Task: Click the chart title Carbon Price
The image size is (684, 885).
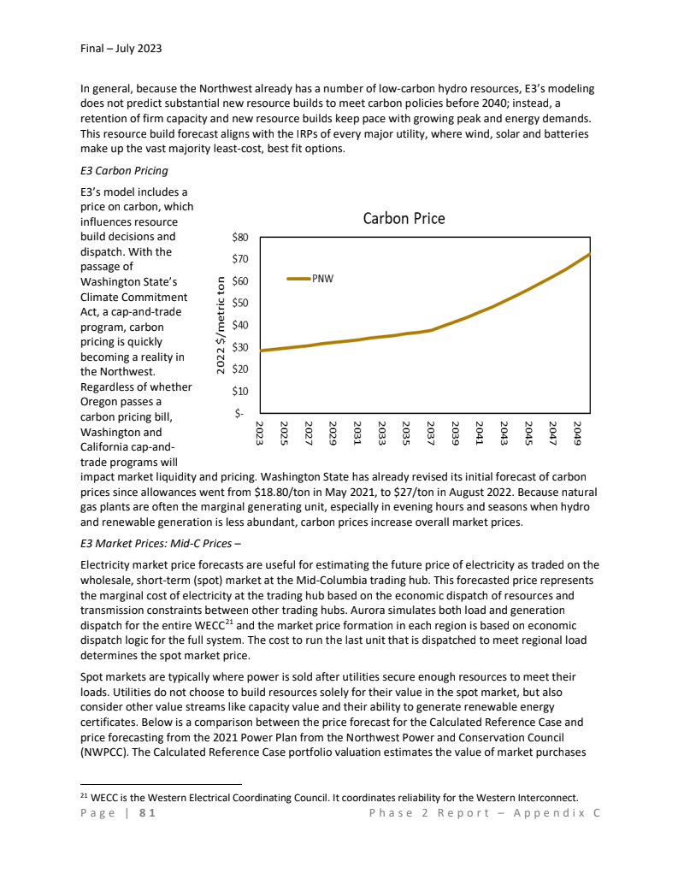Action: (404, 218)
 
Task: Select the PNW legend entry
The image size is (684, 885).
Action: (322, 278)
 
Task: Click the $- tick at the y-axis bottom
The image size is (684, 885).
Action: (242, 413)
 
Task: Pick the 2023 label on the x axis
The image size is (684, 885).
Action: (261, 432)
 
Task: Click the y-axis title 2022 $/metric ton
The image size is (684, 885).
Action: (221, 324)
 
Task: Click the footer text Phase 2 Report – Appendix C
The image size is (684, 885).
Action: (485, 812)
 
